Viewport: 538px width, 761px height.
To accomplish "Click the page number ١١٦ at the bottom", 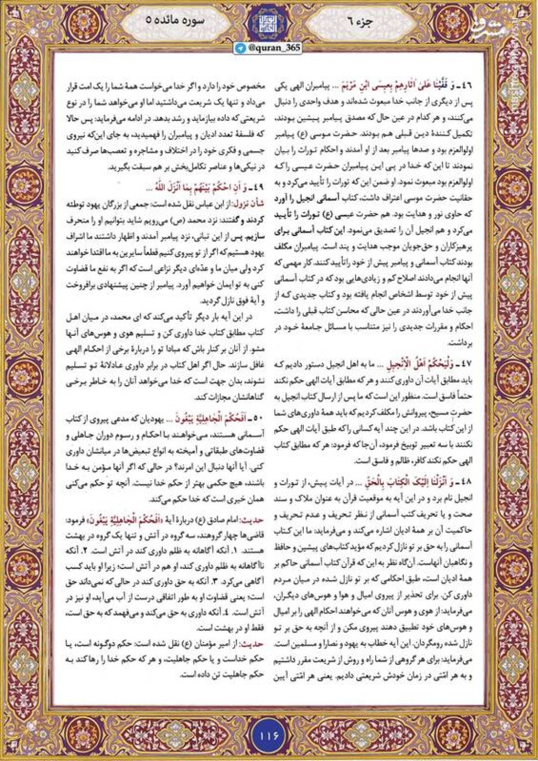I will click(x=269, y=734).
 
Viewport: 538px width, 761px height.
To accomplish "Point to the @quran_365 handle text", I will click(x=273, y=47).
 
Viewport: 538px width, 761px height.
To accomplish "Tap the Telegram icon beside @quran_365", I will click(x=242, y=47).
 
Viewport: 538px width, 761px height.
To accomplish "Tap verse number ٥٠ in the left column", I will click(x=257, y=417).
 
